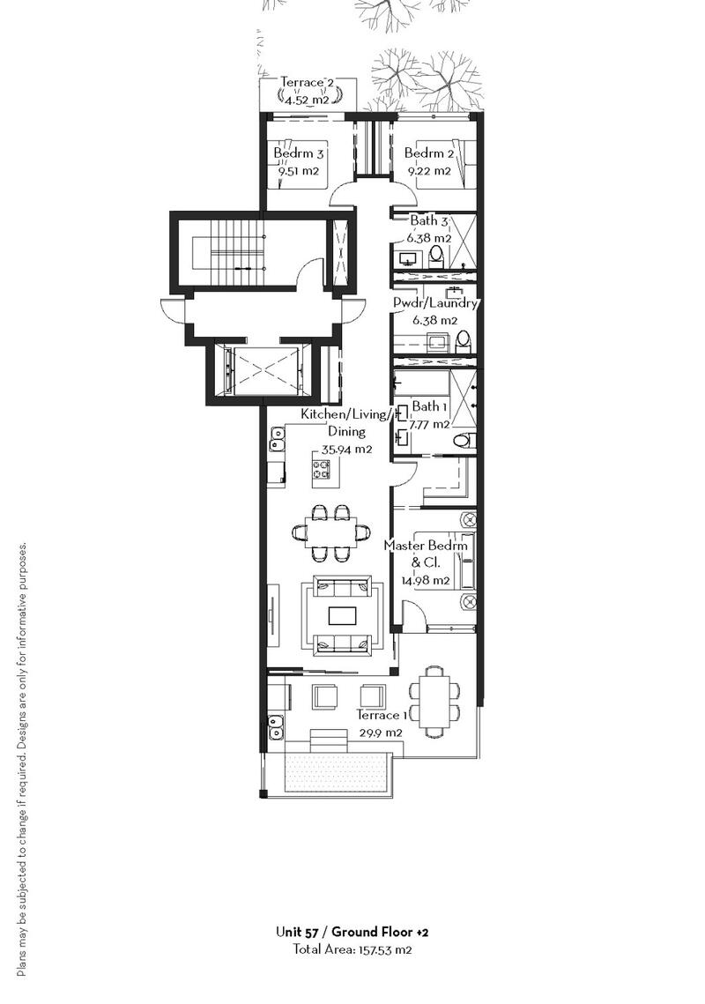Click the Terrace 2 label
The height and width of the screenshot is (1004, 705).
(x=308, y=83)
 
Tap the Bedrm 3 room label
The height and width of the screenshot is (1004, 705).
(x=299, y=153)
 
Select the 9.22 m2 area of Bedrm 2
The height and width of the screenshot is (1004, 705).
(x=430, y=171)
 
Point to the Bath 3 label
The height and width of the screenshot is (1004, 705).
(x=428, y=221)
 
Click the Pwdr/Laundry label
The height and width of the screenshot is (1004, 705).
(x=434, y=303)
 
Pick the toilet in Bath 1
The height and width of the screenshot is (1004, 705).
(x=462, y=440)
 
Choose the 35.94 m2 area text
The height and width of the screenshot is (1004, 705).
(x=346, y=450)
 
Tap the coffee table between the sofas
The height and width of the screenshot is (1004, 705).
(x=342, y=615)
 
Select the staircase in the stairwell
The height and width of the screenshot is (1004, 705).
(x=238, y=249)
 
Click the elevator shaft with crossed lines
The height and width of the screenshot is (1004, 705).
(x=263, y=369)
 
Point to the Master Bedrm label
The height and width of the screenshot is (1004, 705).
(x=426, y=546)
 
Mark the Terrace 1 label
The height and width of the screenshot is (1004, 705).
(x=382, y=715)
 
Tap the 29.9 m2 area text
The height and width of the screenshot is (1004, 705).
(x=382, y=733)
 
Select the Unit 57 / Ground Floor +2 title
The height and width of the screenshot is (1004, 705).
(x=352, y=932)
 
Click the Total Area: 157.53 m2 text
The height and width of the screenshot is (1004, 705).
(x=352, y=949)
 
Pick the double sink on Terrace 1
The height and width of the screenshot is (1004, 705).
(x=276, y=725)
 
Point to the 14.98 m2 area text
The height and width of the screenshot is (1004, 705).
(x=426, y=581)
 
